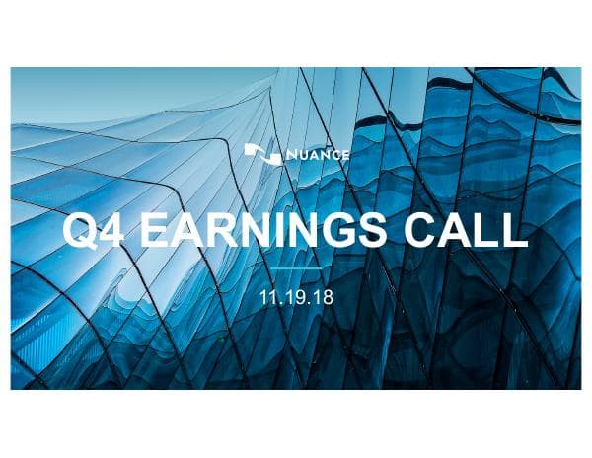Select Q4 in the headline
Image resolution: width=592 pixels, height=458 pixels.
pos(96,230)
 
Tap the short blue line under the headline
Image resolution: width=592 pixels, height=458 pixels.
pos(296,267)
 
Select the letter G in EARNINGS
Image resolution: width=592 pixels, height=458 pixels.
pos(335,230)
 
